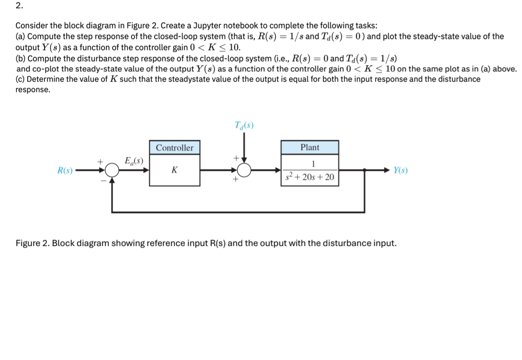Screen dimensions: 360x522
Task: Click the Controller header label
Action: (x=174, y=148)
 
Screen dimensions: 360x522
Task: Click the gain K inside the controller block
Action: (x=174, y=170)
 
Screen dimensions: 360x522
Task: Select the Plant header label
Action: (x=310, y=147)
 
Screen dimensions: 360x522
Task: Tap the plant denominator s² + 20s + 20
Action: (x=310, y=177)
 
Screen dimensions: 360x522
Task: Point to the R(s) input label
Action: (x=65, y=170)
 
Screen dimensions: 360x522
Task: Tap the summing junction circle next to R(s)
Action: (x=112, y=170)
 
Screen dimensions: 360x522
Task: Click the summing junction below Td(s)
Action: (x=245, y=170)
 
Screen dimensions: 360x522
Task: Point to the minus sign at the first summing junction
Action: (x=103, y=180)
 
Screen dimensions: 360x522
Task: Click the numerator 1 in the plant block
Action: (x=310, y=163)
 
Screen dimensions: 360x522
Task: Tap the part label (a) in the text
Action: (x=21, y=36)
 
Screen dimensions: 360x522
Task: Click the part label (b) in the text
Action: (x=21, y=58)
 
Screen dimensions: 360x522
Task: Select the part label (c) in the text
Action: (x=21, y=79)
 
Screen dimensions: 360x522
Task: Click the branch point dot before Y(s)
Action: (x=364, y=170)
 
